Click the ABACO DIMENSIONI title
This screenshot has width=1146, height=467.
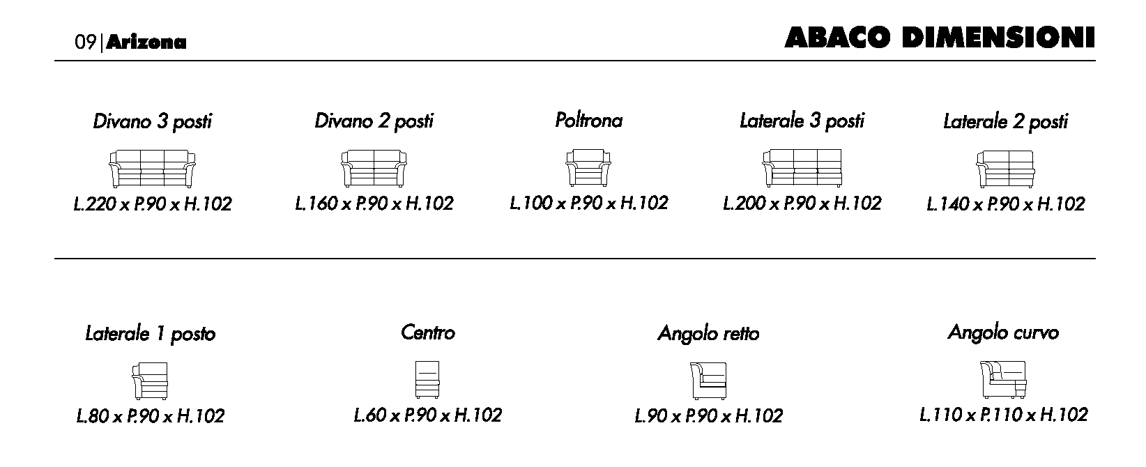tap(939, 38)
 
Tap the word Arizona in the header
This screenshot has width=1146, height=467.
tap(146, 42)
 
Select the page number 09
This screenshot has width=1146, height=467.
tap(85, 42)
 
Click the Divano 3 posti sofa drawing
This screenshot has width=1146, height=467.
tap(152, 168)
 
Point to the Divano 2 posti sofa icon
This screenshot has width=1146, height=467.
tap(374, 168)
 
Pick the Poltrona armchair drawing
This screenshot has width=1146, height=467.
tap(588, 168)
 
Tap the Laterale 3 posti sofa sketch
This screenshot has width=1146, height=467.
tap(802, 168)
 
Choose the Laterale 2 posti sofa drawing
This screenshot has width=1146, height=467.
tap(1005, 169)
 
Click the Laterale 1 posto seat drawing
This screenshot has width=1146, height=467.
tap(150, 381)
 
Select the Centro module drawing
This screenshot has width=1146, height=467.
tap(427, 380)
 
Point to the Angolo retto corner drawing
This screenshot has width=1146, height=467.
tap(708, 381)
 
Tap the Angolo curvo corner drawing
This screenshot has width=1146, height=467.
tap(1003, 380)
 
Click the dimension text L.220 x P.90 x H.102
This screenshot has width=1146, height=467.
tap(153, 204)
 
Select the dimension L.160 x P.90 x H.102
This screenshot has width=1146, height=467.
tap(374, 204)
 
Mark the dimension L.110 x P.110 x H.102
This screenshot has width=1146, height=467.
tap(1004, 415)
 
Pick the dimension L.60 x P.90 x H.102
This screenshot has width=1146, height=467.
tap(428, 415)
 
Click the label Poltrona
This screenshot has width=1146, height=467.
tap(589, 121)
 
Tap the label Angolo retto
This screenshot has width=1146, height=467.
tap(708, 334)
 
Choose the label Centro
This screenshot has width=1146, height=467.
tap(428, 332)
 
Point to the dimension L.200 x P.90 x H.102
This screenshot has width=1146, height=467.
tap(802, 204)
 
